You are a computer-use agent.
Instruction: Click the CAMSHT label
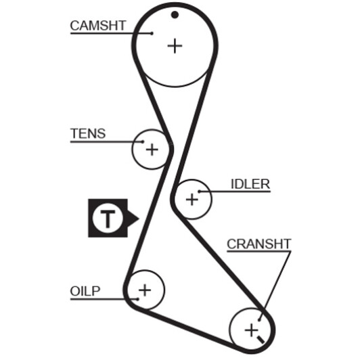[x=98, y=26]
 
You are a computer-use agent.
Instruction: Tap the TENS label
[x=88, y=133]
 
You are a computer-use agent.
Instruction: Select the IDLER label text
[x=250, y=184]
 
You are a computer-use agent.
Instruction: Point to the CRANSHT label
[x=259, y=244]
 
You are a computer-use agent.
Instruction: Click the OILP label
[x=85, y=291]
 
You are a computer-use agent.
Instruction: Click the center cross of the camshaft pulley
[x=175, y=46]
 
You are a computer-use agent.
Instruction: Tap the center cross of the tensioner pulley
[x=152, y=150]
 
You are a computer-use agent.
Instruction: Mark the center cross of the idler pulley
[x=192, y=199]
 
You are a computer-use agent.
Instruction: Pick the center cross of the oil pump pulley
[x=145, y=290]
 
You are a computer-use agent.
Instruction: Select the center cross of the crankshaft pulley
[x=252, y=331]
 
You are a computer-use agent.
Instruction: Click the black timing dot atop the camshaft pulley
[x=175, y=15]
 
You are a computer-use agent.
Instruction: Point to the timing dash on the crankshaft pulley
[x=261, y=340]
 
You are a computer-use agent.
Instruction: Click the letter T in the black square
[x=108, y=219]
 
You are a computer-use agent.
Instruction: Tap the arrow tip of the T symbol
[x=139, y=219]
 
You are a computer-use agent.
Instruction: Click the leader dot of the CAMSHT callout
[x=152, y=34]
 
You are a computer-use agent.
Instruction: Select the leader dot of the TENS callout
[x=143, y=141]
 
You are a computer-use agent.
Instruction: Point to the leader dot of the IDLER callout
[x=199, y=192]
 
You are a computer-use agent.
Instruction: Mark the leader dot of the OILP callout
[x=137, y=299]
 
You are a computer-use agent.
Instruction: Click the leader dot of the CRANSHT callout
[x=259, y=319]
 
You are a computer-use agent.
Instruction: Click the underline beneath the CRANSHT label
[x=259, y=252]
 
